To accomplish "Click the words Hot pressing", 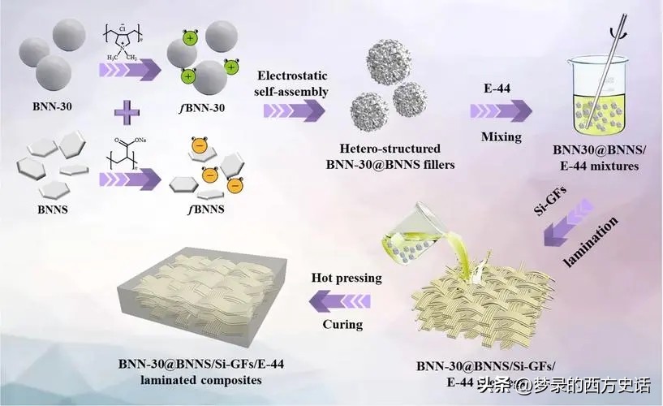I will pos(347,279).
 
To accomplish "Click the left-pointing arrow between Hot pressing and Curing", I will pos(344,301).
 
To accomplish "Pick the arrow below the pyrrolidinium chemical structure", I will pos(129,71).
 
